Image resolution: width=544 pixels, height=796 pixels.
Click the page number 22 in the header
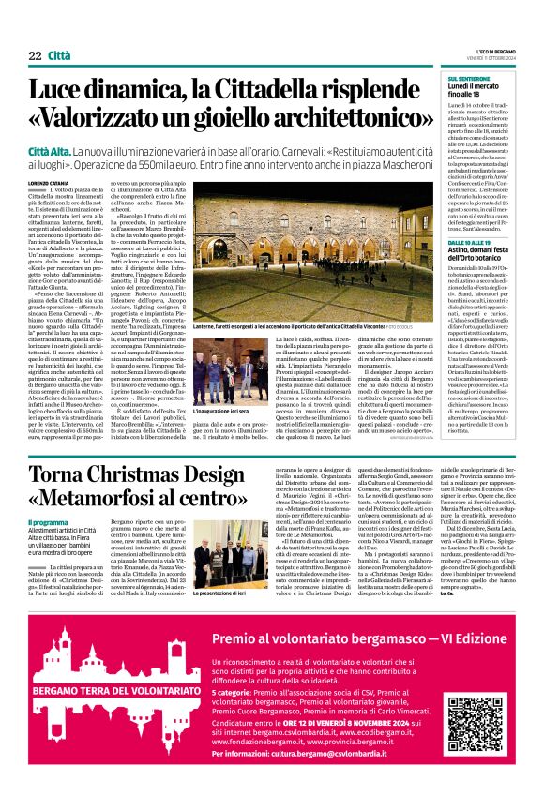click(35, 56)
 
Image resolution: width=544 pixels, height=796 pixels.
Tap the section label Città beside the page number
click(59, 56)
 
